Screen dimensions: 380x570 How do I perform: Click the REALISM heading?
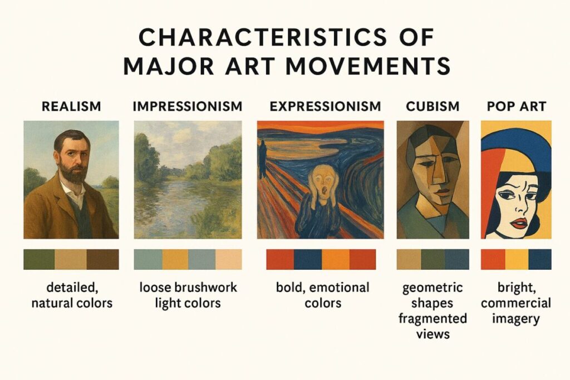tap(71, 106)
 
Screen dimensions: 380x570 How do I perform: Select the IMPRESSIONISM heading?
tap(188, 106)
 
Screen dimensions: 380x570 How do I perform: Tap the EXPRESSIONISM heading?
tap(325, 106)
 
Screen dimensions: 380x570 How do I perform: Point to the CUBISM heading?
tap(433, 106)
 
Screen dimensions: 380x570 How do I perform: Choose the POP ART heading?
tap(515, 106)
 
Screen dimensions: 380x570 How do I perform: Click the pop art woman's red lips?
tap(519, 223)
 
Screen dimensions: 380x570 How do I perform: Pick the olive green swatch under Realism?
tap(39, 259)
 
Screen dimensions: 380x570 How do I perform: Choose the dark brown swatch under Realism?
tap(103, 259)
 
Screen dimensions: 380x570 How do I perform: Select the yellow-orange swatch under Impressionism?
tap(175, 259)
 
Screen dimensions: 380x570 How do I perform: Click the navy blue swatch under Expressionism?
tap(307, 259)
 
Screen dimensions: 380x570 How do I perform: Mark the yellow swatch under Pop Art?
tap(516, 259)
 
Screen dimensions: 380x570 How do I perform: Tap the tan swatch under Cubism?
tap(409, 259)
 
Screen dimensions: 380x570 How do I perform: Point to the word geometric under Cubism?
tap(433, 288)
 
